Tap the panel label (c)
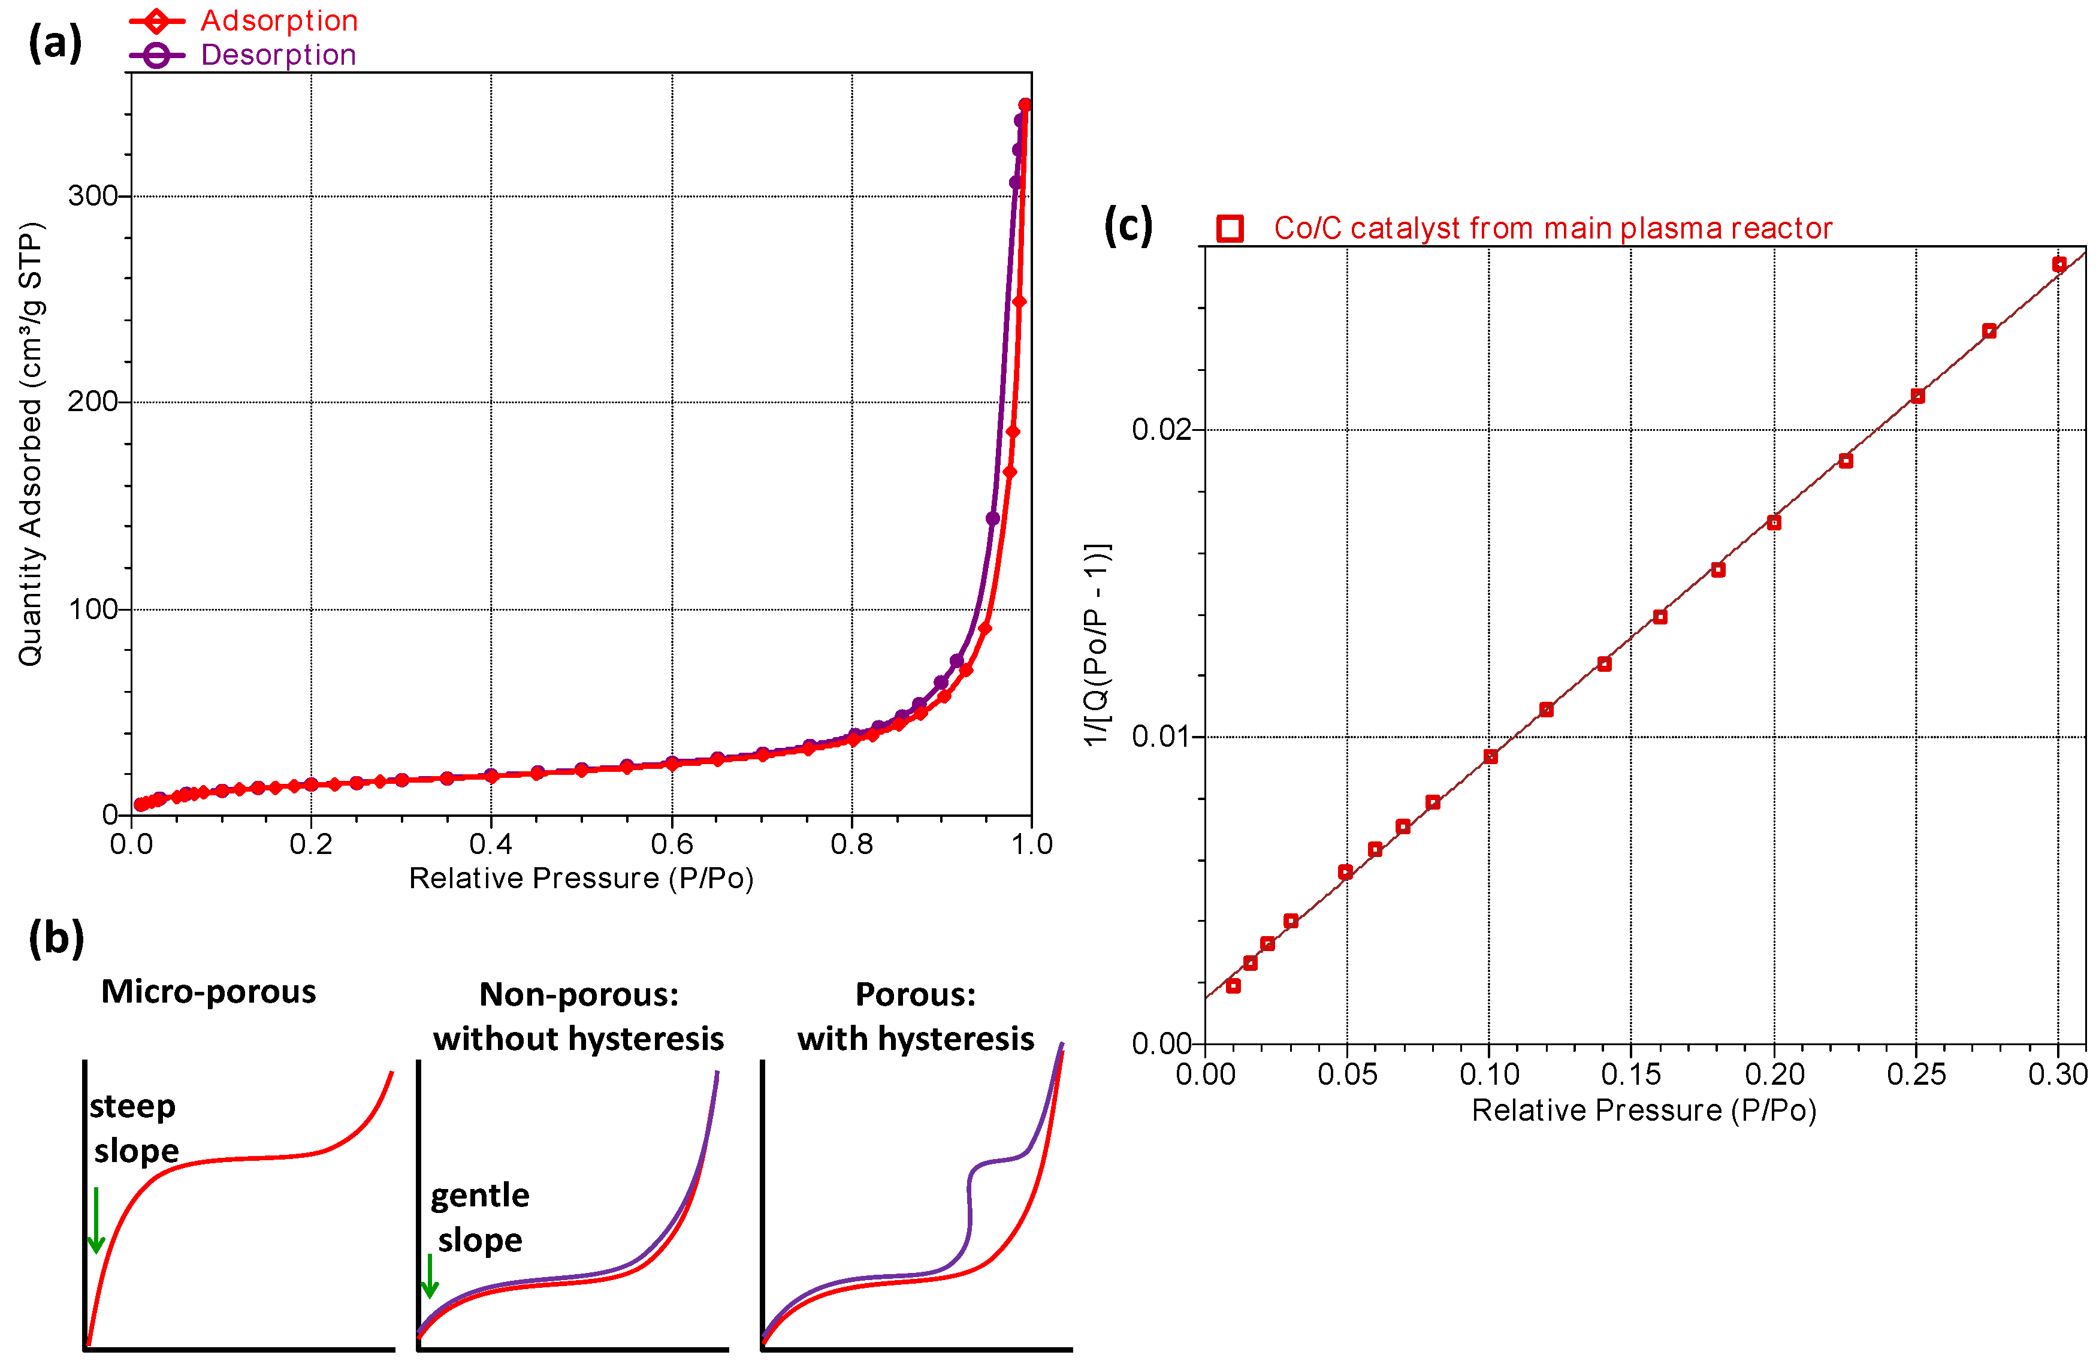click(1128, 227)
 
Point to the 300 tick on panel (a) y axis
click(93, 196)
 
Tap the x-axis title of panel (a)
click(581, 879)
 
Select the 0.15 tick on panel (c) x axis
click(1630, 1074)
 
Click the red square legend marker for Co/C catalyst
click(1230, 228)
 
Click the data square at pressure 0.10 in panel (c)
click(1490, 757)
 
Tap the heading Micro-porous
click(208, 991)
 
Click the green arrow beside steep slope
click(96, 1221)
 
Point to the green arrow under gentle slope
click(430, 1275)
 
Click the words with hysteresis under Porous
click(916, 1039)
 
